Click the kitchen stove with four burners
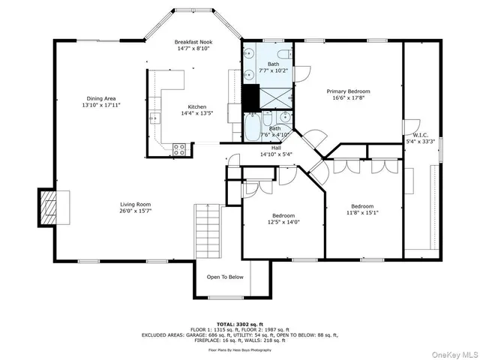[179, 148]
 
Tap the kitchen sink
[154, 118]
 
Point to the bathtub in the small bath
[253, 127]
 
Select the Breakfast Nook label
[192, 41]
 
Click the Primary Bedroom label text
[348, 91]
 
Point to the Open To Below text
[226, 277]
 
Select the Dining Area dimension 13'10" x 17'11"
[101, 105]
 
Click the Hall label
[275, 148]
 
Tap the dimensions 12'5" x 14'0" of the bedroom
[283, 223]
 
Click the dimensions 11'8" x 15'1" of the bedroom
[363, 213]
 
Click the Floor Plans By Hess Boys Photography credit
[240, 350]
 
